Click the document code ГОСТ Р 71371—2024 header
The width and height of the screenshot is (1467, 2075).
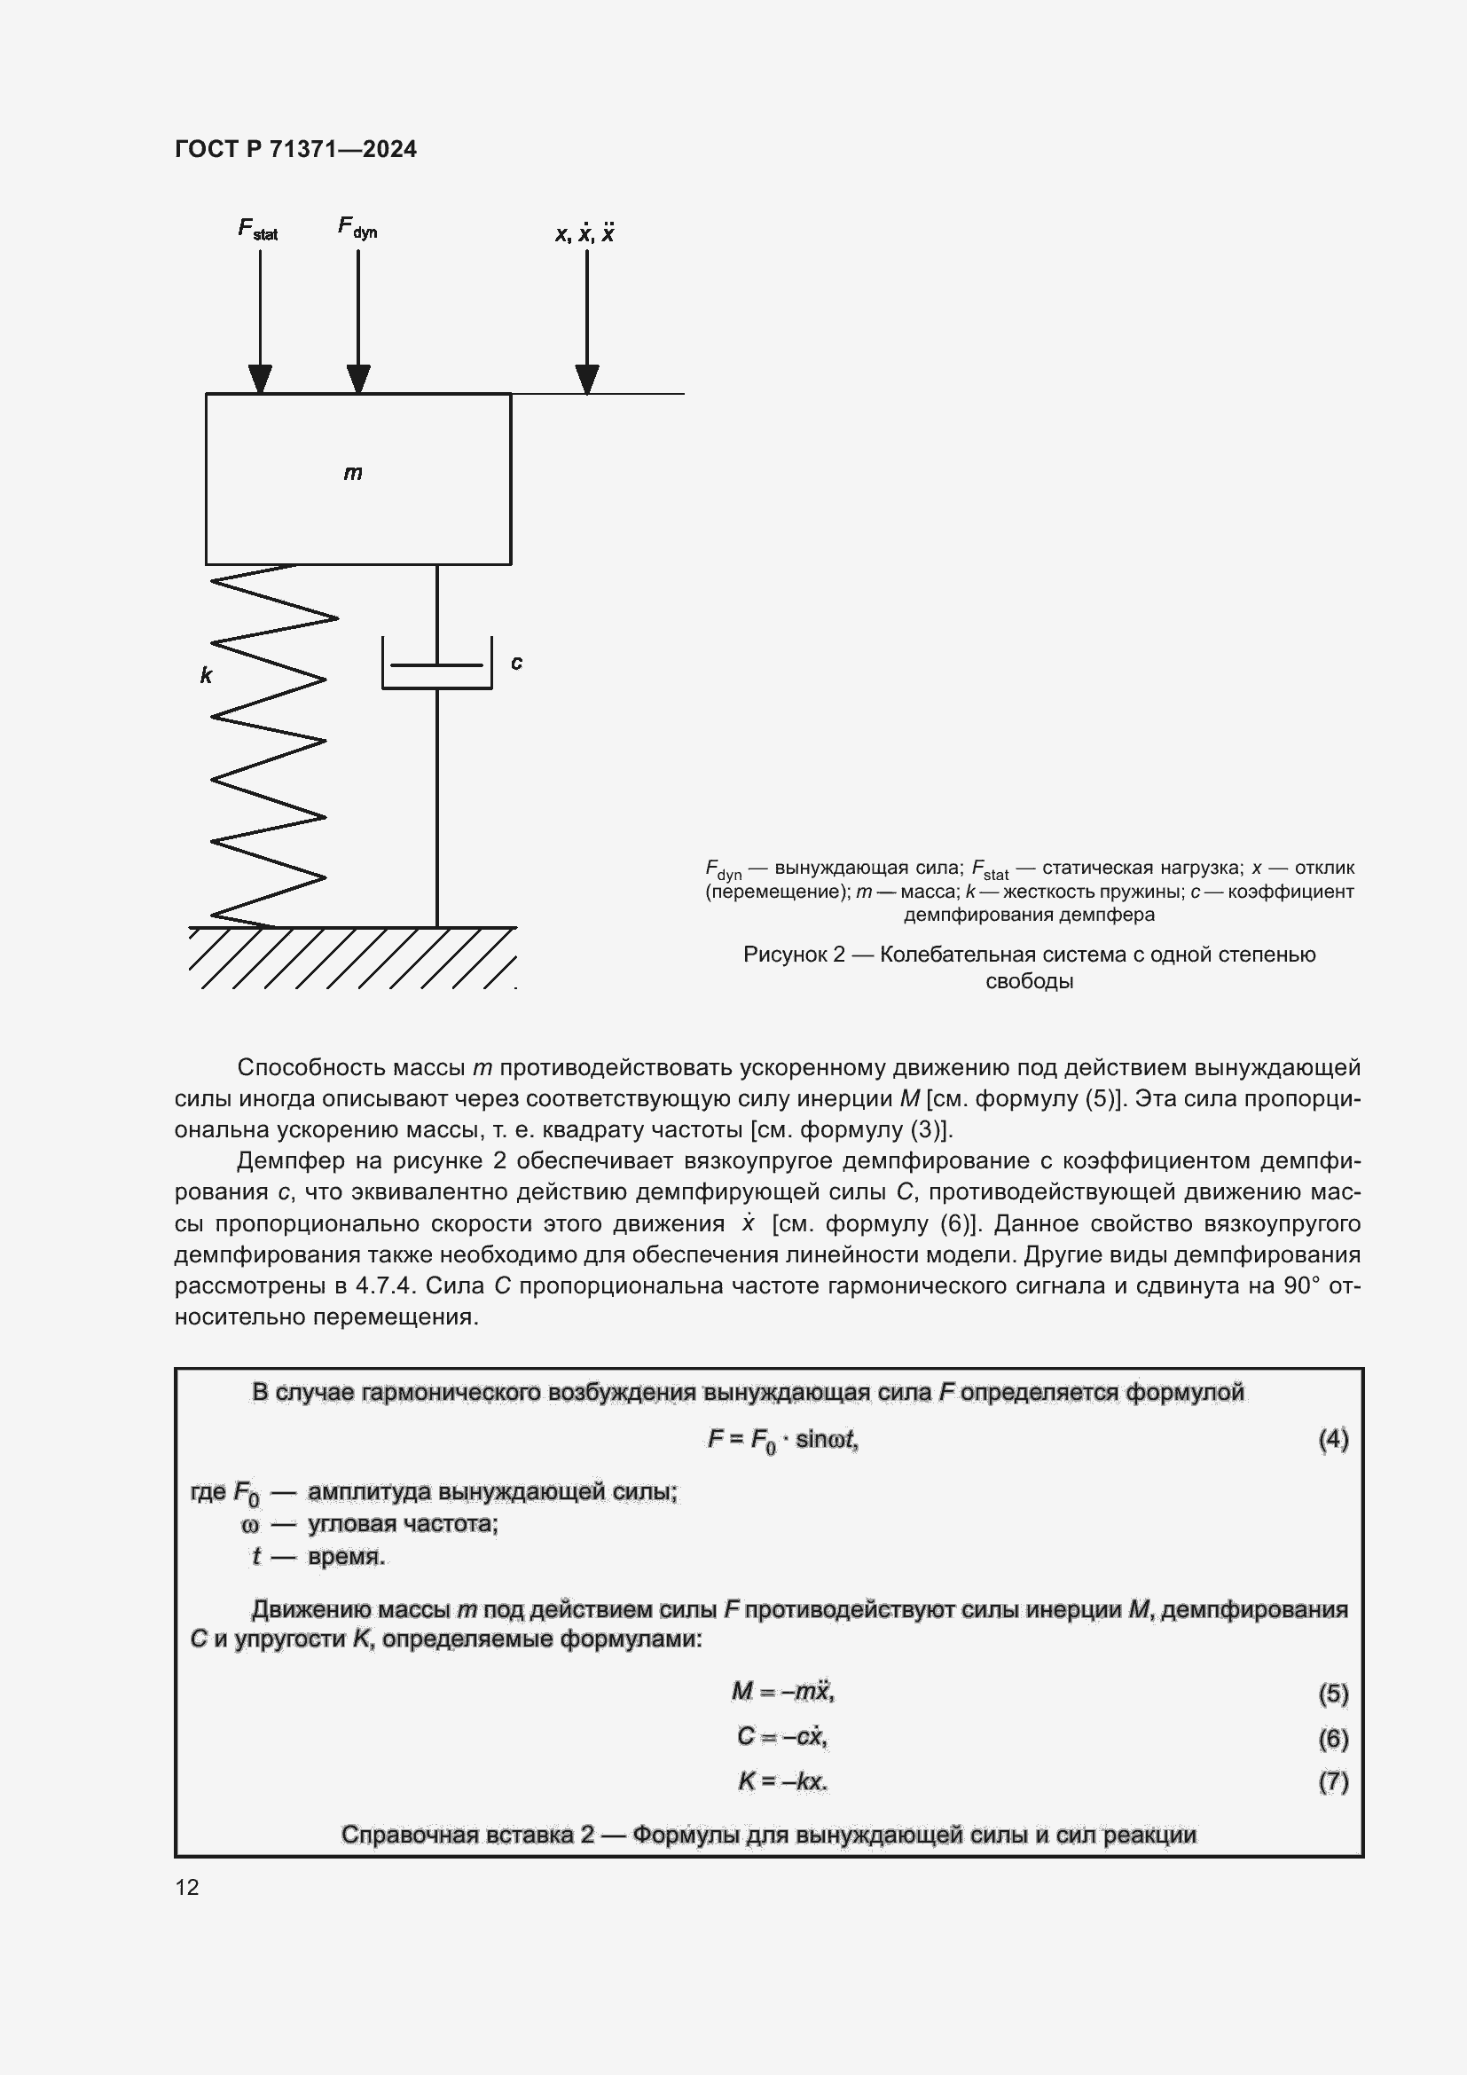[x=295, y=149]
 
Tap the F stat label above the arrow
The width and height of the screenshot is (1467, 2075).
[x=257, y=230]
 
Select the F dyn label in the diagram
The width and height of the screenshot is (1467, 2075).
[x=357, y=227]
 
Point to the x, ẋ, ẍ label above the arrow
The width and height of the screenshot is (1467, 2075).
[x=584, y=233]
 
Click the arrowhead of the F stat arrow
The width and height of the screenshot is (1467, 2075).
[x=260, y=379]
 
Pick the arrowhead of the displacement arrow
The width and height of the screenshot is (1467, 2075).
[x=587, y=379]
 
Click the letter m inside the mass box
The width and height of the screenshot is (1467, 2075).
[x=353, y=473]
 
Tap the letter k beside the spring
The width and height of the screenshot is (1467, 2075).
[x=206, y=675]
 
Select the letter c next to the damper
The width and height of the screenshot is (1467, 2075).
[x=517, y=663]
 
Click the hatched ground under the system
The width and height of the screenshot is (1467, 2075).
[x=352, y=958]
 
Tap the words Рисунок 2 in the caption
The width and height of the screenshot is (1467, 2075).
[x=793, y=955]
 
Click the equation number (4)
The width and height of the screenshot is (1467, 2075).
[x=1333, y=1439]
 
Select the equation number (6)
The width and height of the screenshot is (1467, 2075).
[x=1333, y=1738]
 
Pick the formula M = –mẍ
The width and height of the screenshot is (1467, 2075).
[x=783, y=1691]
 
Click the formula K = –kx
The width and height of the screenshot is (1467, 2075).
[x=783, y=1781]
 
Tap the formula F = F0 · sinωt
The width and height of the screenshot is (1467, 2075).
[x=783, y=1440]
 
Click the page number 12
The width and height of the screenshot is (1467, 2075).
[x=187, y=1887]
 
